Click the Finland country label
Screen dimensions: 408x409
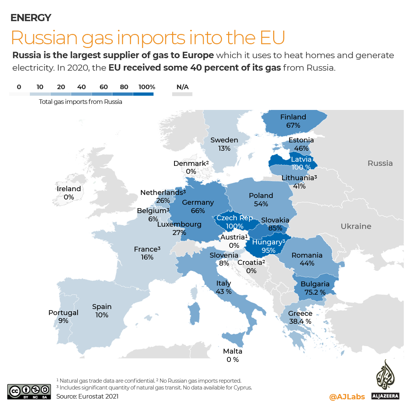pyautogui.click(x=293, y=117)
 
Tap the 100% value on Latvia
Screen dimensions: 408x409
pyautogui.click(x=301, y=167)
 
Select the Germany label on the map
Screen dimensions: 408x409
pyautogui.click(x=198, y=202)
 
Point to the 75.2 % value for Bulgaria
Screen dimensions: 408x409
pyautogui.click(x=315, y=292)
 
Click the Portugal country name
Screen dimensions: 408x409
pyautogui.click(x=63, y=313)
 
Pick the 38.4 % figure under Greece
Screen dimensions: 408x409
pyautogui.click(x=300, y=321)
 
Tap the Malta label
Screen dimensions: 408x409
pyautogui.click(x=233, y=351)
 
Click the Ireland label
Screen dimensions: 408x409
pyautogui.click(x=69, y=189)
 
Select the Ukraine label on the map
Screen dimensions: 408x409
pyautogui.click(x=356, y=226)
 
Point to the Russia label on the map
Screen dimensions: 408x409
pyautogui.click(x=380, y=163)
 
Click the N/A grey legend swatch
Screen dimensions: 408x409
pyautogui.click(x=182, y=94)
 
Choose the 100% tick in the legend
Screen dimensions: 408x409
pyautogui.click(x=147, y=87)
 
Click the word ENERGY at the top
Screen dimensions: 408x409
pyautogui.click(x=31, y=17)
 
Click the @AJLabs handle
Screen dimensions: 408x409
pyautogui.click(x=347, y=396)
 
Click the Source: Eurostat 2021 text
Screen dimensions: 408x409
pyautogui.click(x=87, y=396)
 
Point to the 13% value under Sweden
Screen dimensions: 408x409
pyautogui.click(x=224, y=148)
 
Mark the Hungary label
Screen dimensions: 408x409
pyautogui.click(x=268, y=242)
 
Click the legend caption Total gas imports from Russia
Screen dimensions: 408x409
pyautogui.click(x=81, y=102)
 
